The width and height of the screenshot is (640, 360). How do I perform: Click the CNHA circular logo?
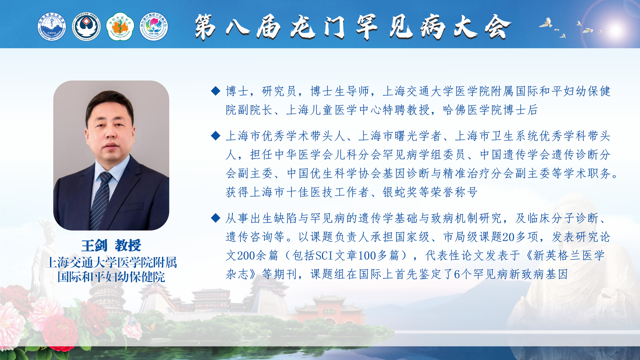point(52,27)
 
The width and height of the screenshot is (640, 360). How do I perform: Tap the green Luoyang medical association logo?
point(120,27)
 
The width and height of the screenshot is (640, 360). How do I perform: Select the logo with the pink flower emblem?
point(154,27)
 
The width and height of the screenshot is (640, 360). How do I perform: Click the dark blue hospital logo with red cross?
point(86,27)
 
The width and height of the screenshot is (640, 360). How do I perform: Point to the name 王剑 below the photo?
point(94,246)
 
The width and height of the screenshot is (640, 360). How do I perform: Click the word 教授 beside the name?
point(128,246)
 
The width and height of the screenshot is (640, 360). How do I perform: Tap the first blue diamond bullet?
point(216,91)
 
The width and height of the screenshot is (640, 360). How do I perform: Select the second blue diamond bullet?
point(216,136)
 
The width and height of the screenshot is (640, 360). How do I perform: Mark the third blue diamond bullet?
point(216,218)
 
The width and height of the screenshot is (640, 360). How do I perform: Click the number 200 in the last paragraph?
point(246,256)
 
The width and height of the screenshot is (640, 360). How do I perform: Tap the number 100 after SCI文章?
point(367,256)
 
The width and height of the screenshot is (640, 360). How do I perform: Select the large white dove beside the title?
point(546,23)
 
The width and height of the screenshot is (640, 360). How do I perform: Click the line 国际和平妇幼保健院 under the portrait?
point(111,277)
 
